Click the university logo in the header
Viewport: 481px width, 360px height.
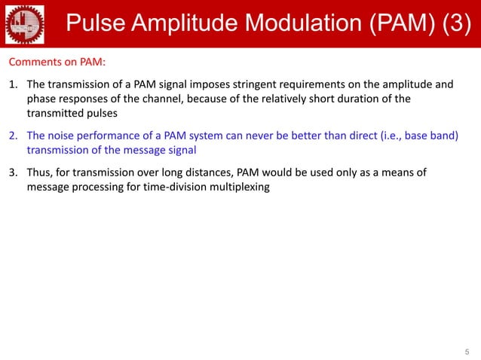coord(24,23)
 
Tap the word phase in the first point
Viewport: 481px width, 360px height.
coord(42,98)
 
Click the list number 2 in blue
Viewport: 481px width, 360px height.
coord(13,136)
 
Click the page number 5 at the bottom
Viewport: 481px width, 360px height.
coord(467,351)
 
